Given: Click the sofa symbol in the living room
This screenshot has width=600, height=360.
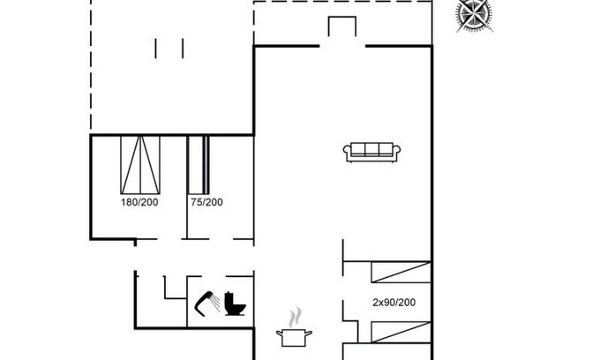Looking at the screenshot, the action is click(371, 153).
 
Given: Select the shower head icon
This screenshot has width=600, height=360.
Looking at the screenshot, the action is click(204, 304).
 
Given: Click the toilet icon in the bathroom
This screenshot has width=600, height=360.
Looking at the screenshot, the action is click(235, 304).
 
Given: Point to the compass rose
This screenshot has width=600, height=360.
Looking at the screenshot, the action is click(474, 15).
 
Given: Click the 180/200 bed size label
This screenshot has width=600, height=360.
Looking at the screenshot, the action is click(139, 202).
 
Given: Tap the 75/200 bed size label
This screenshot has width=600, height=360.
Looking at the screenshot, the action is click(206, 202).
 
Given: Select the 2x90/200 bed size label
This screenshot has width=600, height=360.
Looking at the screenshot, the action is click(394, 303).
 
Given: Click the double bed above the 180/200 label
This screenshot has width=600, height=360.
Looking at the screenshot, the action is click(140, 165).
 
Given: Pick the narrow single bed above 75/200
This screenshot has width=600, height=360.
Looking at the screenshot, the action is click(199, 165).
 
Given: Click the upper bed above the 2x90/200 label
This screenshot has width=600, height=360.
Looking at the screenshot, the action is click(401, 272).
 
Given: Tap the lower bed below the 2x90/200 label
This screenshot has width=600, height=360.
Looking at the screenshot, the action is click(401, 332).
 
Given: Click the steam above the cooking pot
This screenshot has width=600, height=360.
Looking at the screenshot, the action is click(295, 317).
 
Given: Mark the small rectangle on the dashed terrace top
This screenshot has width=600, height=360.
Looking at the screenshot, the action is click(342, 26).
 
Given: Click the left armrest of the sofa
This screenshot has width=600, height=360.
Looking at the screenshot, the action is click(348, 153).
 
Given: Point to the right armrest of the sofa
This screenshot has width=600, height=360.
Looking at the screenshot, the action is click(396, 153).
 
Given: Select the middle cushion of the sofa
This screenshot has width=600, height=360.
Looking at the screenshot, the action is click(371, 149).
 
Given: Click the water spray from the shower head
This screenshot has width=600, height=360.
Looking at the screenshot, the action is click(215, 303).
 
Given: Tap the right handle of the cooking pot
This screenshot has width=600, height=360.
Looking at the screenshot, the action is click(309, 334).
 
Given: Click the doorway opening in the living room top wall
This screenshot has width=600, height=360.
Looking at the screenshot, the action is click(342, 46).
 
